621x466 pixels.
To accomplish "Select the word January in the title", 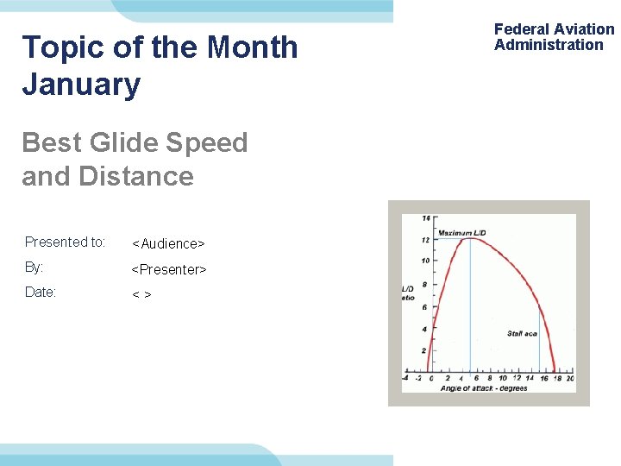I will tap(81, 85).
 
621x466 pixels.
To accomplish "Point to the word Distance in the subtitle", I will tap(136, 176).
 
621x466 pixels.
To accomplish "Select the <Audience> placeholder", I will tap(168, 244).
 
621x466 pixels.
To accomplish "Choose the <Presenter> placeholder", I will tap(169, 270).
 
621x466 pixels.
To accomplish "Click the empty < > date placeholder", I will tap(141, 295).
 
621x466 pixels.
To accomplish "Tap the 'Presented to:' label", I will tap(65, 242).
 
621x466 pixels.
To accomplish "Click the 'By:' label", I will tap(34, 268).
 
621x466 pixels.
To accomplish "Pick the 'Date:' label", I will tap(41, 293).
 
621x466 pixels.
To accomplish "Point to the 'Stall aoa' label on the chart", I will tap(522, 333).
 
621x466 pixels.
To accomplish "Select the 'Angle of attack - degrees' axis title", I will tap(484, 388).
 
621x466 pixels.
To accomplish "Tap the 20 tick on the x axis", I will tap(570, 378).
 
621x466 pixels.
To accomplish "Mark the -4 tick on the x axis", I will tap(405, 378).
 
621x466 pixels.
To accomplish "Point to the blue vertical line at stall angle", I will tap(540, 354).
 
